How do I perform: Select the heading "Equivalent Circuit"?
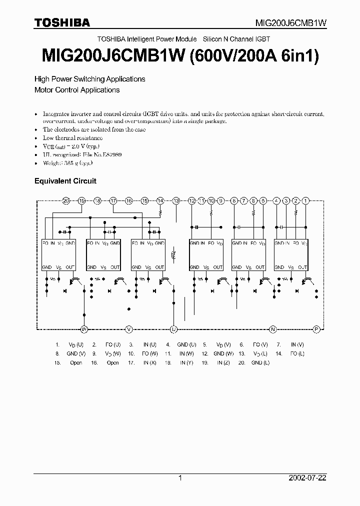(65, 181)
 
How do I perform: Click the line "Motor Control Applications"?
(76, 90)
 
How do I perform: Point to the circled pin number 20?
(66, 200)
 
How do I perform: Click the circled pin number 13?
(176, 200)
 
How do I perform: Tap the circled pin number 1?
(306, 200)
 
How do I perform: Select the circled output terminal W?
(84, 329)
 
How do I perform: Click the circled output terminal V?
(129, 329)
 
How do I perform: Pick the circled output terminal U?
(174, 329)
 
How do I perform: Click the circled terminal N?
(272, 329)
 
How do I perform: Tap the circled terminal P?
(316, 329)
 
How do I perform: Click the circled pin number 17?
(113, 200)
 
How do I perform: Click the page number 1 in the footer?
(180, 478)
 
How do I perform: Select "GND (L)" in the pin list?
(260, 362)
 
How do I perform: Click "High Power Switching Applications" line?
(89, 79)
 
